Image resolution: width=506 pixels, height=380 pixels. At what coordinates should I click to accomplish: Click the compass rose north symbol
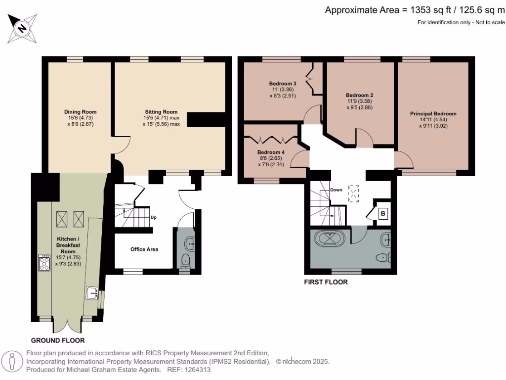pyautogui.click(x=22, y=28)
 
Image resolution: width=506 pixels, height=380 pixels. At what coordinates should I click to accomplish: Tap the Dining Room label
pyautogui.click(x=81, y=112)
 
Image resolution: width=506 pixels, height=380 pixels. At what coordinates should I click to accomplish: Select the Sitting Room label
pyautogui.click(x=161, y=112)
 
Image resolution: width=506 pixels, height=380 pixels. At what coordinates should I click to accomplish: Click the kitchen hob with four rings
pyautogui.click(x=44, y=263)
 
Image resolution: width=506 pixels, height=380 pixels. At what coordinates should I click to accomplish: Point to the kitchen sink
pyautogui.click(x=92, y=293)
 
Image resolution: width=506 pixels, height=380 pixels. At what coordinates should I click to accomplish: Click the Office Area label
pyautogui.click(x=144, y=249)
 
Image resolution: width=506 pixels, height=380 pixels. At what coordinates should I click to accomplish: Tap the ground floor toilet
pyautogui.click(x=186, y=260)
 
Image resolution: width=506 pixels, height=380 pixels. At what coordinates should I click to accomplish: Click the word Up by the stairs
pyautogui.click(x=154, y=217)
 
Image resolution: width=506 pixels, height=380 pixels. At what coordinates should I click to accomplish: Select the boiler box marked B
pyautogui.click(x=383, y=214)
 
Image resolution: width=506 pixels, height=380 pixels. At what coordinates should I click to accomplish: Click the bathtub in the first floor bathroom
pyautogui.click(x=330, y=239)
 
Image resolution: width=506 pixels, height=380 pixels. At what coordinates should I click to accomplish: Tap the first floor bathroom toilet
pyautogui.click(x=383, y=257)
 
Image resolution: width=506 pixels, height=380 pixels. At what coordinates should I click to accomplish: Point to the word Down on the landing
pyautogui.click(x=336, y=190)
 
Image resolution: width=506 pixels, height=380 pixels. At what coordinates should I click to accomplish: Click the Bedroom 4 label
pyautogui.click(x=271, y=152)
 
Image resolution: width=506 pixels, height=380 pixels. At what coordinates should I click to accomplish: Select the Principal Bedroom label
pyautogui.click(x=433, y=113)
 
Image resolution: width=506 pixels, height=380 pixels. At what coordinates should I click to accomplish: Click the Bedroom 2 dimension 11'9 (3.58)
pyautogui.click(x=360, y=101)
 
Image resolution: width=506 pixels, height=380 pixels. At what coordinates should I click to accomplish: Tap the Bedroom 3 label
pyautogui.click(x=283, y=83)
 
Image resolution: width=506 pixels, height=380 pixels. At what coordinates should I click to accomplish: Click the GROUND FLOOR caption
pyautogui.click(x=58, y=340)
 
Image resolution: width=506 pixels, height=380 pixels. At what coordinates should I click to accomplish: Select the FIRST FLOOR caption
pyautogui.click(x=326, y=282)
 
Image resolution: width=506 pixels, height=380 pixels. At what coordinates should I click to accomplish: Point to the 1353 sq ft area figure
pyautogui.click(x=430, y=10)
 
